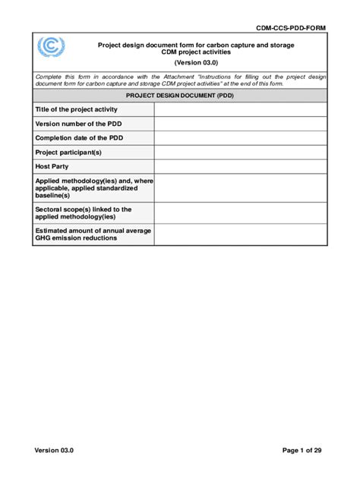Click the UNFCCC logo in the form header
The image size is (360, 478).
(52, 51)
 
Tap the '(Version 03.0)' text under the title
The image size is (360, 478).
(195, 64)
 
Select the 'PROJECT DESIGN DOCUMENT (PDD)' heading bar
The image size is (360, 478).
(180, 96)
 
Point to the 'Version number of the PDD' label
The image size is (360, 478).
(78, 124)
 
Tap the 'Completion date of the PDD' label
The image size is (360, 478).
(79, 137)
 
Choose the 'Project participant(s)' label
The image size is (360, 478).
(68, 152)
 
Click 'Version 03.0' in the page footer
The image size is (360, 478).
(54, 451)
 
